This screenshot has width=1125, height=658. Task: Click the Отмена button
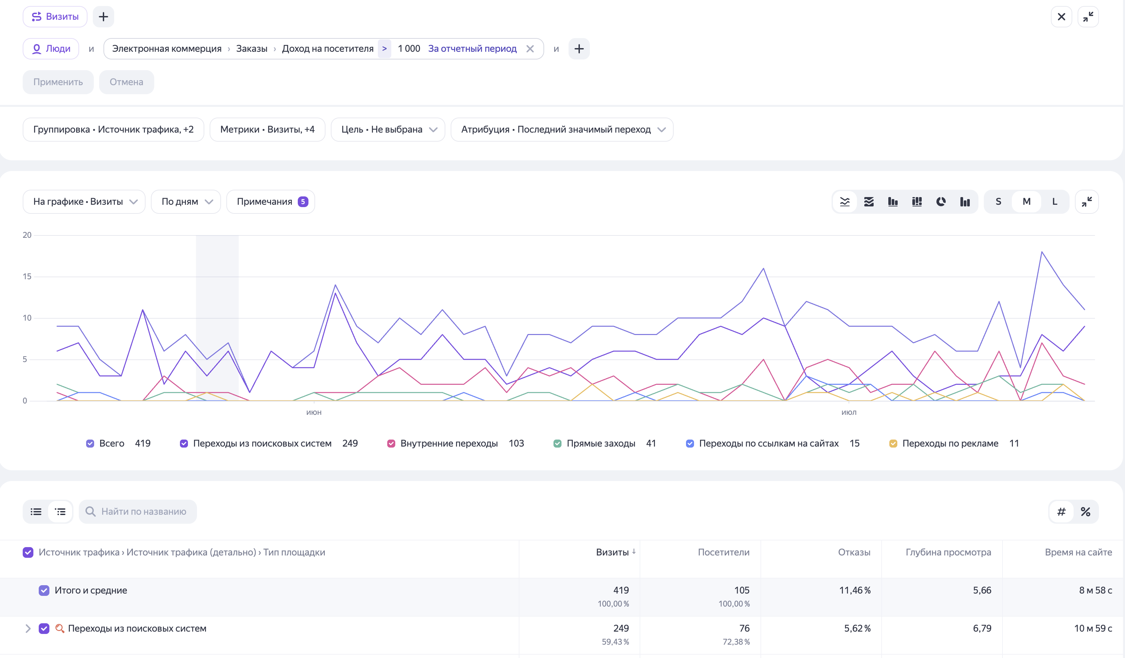[126, 82]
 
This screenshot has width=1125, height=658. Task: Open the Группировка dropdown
[114, 130]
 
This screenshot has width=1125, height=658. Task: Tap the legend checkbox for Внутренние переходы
[391, 444]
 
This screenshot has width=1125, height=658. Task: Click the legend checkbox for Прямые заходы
[557, 444]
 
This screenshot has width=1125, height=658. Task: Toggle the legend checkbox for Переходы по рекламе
[893, 444]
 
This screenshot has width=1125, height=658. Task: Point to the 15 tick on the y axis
[27, 277]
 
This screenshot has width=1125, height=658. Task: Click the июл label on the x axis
[849, 412]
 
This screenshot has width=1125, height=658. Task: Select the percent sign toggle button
[1085, 511]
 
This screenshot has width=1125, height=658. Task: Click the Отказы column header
[854, 552]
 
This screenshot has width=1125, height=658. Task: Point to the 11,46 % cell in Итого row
[855, 590]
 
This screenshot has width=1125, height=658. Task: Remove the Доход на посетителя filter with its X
[530, 49]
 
